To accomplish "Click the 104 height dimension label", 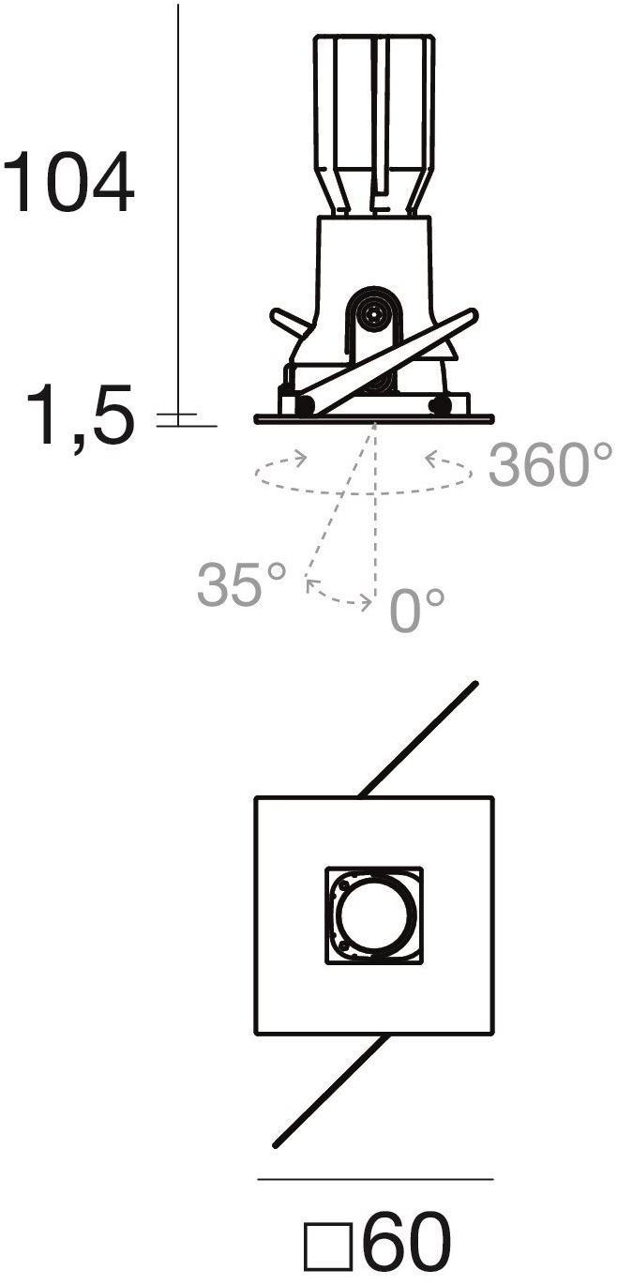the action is (68, 182).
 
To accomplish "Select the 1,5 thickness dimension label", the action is (80, 415).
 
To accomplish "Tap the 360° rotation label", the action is (549, 463).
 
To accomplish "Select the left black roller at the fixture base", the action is (305, 405).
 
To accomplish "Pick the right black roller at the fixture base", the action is (440, 405).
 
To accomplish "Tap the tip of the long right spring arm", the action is (474, 313).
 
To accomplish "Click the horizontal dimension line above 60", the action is (376, 1179).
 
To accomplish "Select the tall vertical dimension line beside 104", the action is (178, 215).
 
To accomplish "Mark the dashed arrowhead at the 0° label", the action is (366, 602).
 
